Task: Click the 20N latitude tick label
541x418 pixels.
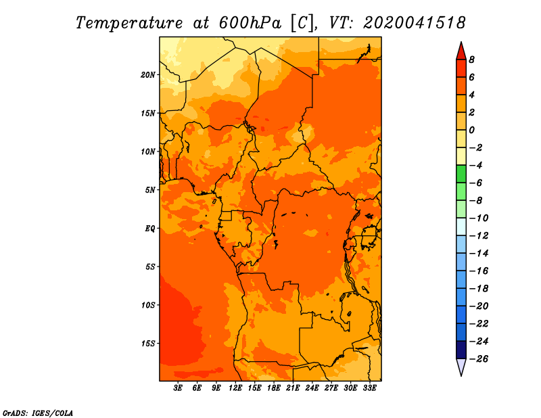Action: (148, 75)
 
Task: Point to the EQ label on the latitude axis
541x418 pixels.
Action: (150, 229)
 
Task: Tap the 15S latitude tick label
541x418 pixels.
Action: (148, 344)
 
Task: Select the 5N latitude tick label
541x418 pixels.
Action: (150, 190)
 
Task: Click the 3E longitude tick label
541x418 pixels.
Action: (178, 388)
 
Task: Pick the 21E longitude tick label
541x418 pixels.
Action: (293, 388)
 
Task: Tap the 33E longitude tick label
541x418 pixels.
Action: (369, 388)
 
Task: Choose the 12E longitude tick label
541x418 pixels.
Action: (235, 388)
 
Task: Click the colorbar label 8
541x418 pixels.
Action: (471, 60)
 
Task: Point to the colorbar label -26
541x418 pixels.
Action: (479, 359)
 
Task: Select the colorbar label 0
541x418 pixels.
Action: (471, 130)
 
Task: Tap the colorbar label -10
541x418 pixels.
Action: (479, 218)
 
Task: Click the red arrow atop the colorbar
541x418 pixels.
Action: (461, 51)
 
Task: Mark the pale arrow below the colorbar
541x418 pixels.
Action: (461, 367)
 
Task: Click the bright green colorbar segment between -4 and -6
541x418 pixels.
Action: (461, 174)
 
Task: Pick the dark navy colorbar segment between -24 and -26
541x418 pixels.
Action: (461, 350)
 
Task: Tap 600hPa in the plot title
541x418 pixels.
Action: (250, 23)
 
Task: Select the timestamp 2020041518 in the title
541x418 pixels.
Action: (415, 23)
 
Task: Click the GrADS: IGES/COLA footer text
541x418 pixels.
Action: (38, 413)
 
